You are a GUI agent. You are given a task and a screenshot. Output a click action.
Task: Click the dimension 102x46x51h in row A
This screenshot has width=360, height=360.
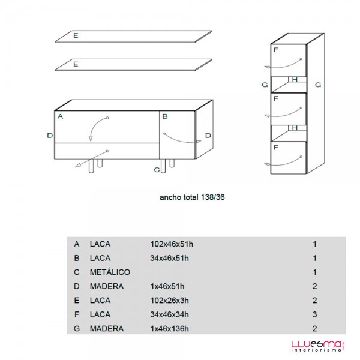(172, 244)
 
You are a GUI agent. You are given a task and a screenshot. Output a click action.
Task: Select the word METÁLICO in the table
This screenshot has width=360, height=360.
(110, 272)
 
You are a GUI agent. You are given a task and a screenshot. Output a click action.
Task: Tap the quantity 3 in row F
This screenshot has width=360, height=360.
(314, 314)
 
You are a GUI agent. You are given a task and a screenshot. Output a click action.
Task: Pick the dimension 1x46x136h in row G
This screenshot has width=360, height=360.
(170, 329)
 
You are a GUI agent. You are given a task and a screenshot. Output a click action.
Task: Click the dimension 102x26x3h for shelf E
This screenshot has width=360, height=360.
(170, 301)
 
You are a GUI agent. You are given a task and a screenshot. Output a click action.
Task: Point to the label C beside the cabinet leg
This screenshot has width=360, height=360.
(157, 170)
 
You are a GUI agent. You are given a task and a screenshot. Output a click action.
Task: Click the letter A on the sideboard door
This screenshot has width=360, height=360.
(60, 116)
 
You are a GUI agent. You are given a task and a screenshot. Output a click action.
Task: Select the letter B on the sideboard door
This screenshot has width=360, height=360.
(165, 116)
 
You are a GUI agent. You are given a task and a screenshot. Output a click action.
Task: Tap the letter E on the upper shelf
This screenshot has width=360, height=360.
(76, 35)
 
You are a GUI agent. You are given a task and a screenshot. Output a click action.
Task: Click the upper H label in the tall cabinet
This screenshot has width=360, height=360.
(295, 80)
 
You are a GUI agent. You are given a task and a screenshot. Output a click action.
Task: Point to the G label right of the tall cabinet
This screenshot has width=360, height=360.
(318, 85)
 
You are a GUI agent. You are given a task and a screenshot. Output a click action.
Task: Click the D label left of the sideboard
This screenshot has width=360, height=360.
(50, 136)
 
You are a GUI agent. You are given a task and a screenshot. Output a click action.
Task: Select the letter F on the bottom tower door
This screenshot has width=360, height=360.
(276, 148)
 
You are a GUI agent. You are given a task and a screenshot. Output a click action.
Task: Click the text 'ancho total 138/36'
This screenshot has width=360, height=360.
(192, 197)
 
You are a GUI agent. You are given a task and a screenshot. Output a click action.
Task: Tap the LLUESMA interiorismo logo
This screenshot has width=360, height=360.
(317, 346)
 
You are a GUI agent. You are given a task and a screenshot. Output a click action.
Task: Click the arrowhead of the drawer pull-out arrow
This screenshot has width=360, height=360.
(78, 165)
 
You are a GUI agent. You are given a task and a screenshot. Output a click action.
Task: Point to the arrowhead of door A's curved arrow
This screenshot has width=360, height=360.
(91, 139)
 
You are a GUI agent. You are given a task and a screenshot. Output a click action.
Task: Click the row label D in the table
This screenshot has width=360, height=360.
(77, 286)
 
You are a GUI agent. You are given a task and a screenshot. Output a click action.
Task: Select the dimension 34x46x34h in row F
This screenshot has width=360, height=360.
(169, 314)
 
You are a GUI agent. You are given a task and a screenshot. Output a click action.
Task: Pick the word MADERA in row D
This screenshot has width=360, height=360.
(107, 286)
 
